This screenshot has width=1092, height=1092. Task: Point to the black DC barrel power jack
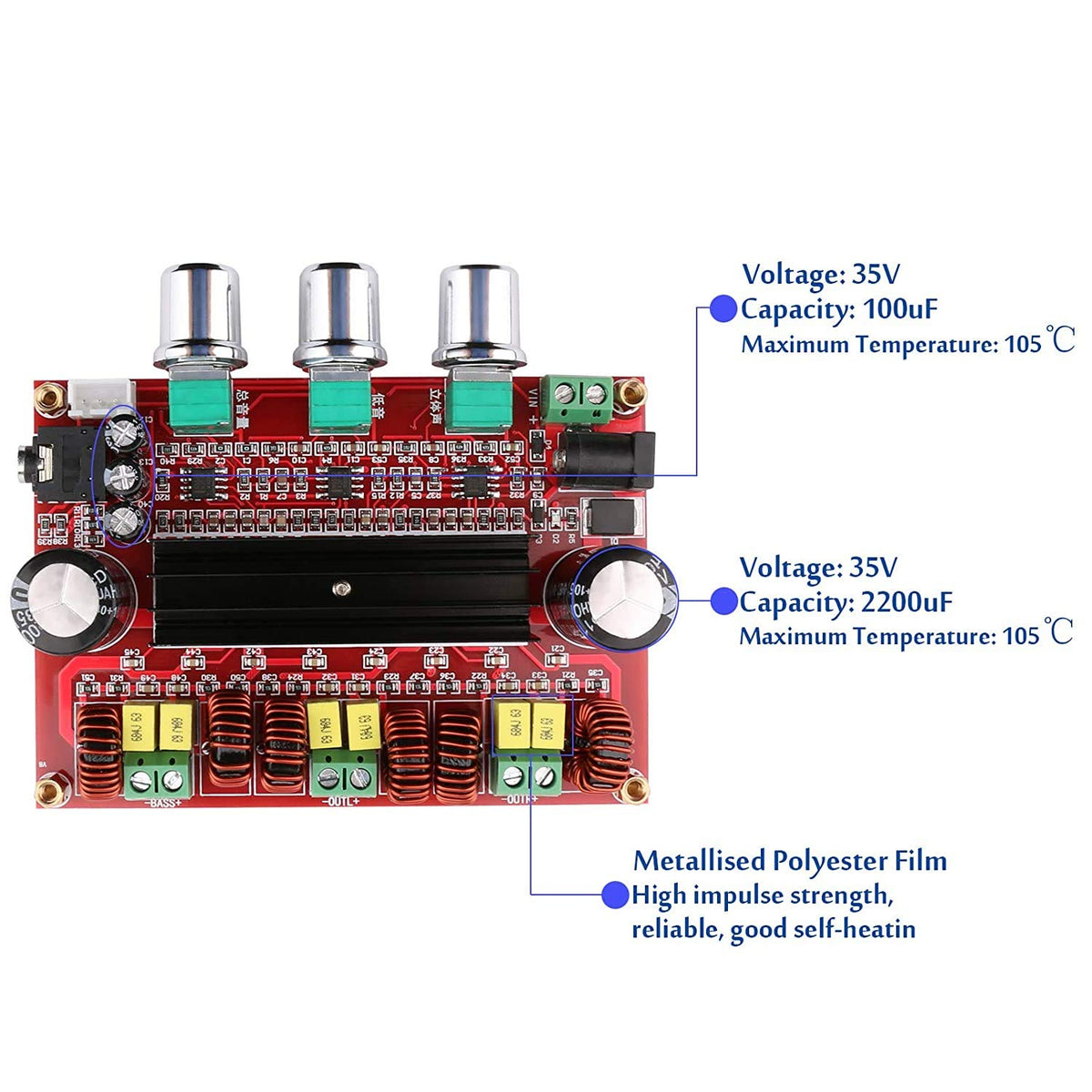604,459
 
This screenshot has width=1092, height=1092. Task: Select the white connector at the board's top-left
102,394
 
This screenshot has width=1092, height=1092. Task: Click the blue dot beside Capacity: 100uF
723,309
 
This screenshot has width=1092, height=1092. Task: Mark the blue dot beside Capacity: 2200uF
723,602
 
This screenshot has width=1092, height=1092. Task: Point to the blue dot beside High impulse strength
615,895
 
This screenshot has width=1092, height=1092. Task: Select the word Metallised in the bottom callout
698,861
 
